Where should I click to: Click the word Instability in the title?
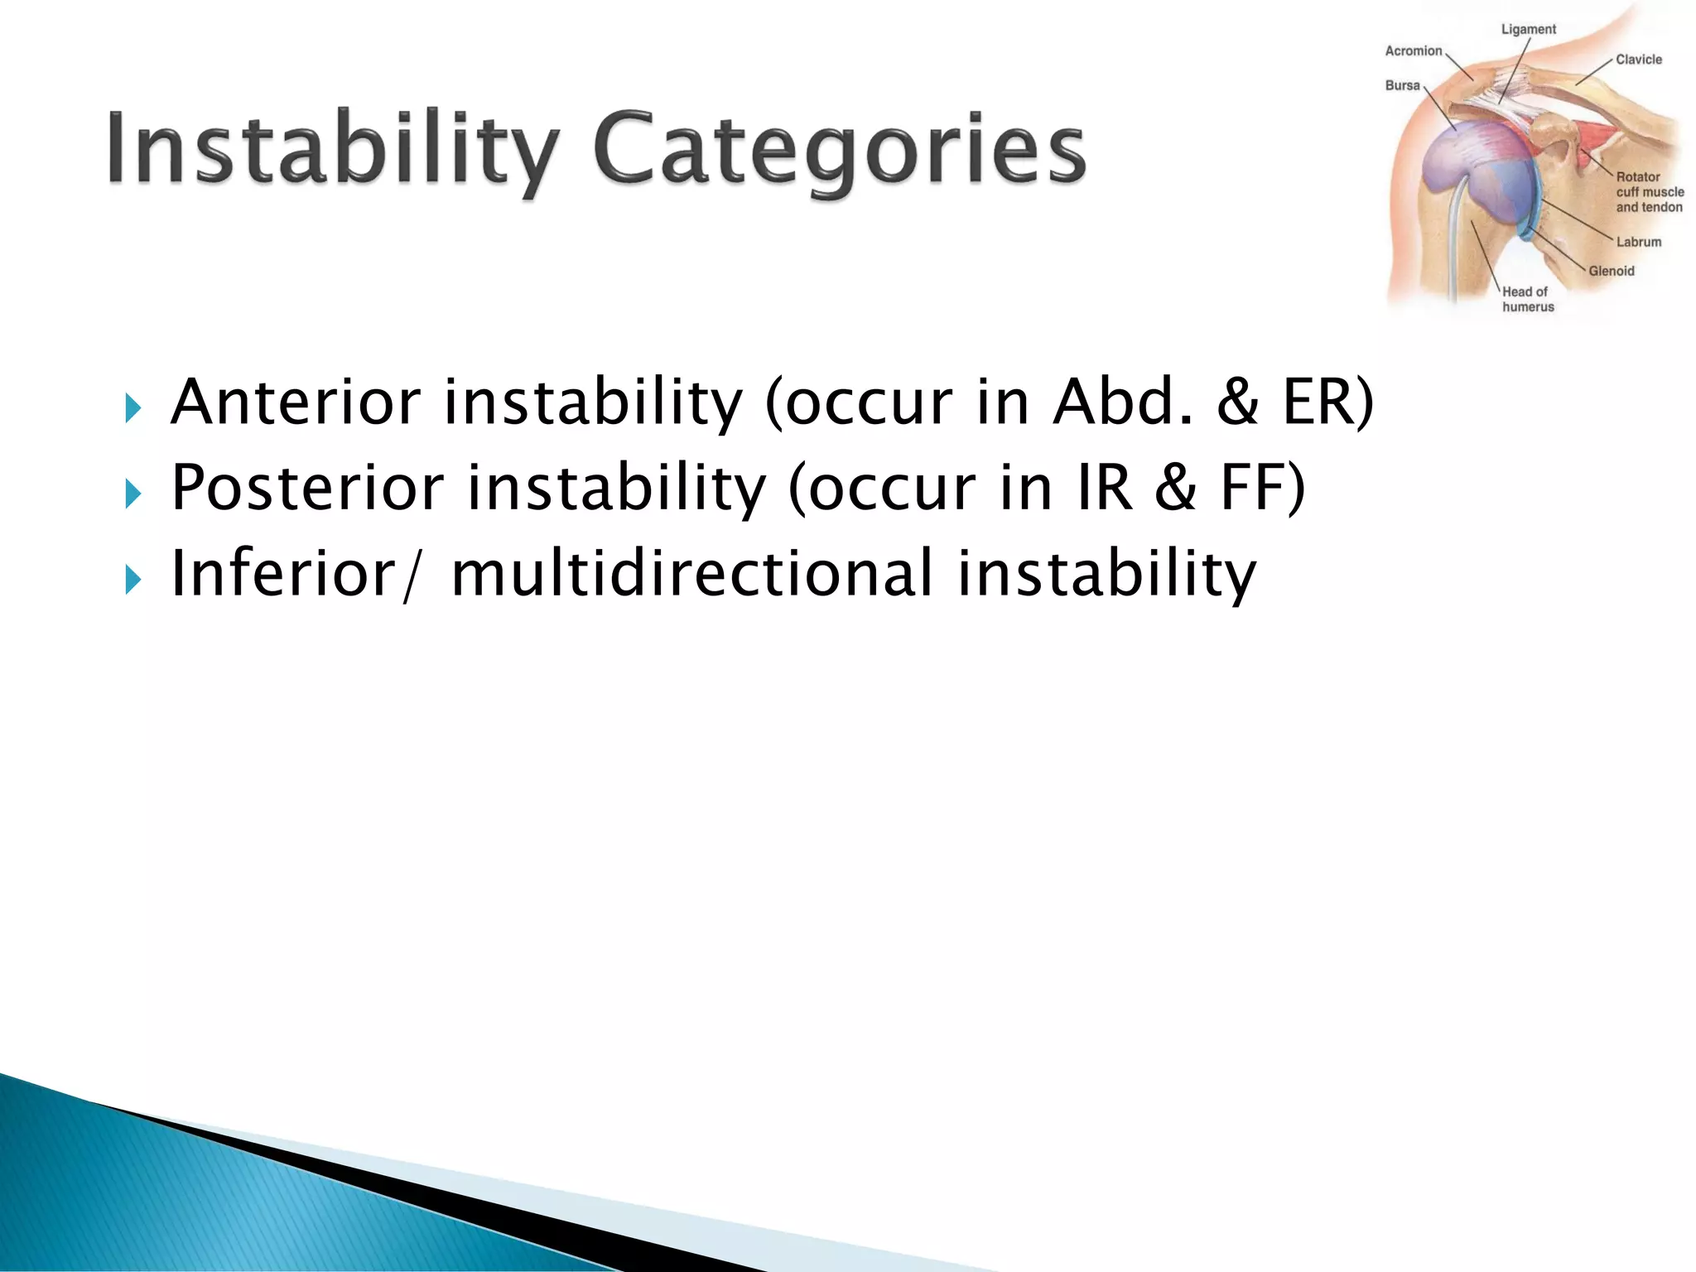point(331,149)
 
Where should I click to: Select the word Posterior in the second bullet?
point(307,488)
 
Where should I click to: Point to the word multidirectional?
point(692,573)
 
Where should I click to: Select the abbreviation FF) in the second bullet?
point(1262,488)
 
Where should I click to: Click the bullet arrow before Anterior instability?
point(132,407)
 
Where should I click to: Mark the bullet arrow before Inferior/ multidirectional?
point(132,579)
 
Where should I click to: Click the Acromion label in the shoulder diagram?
point(1414,51)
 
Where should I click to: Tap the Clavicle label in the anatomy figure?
point(1638,60)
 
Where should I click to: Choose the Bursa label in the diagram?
point(1402,85)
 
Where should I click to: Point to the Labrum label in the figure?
point(1638,242)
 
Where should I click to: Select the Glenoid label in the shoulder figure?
point(1611,271)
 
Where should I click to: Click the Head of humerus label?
point(1527,299)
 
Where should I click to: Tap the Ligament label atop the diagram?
point(1528,29)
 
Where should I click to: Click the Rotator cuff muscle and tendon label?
point(1649,192)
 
